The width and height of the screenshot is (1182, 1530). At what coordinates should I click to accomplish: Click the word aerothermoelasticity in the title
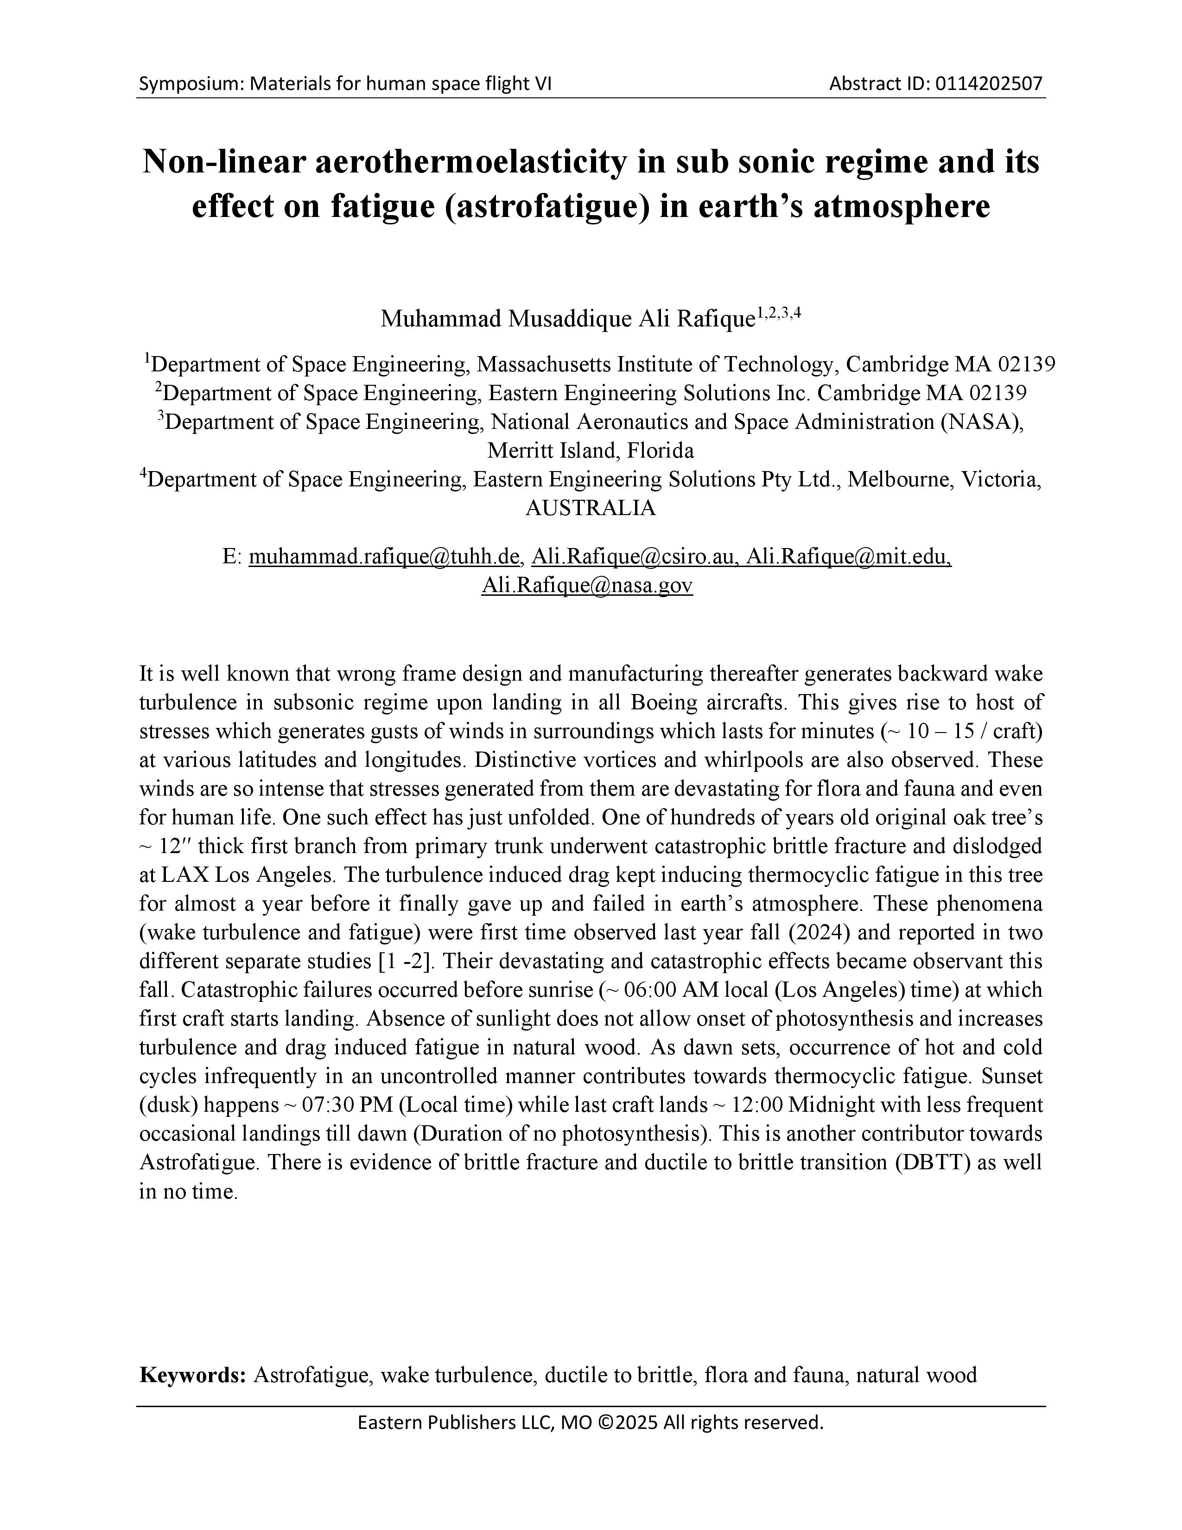click(471, 163)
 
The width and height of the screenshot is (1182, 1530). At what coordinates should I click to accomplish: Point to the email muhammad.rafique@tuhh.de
click(384, 557)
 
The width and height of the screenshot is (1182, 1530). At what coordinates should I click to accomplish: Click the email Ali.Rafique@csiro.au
click(635, 557)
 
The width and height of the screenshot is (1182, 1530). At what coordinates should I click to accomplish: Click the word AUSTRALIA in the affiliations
click(590, 508)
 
